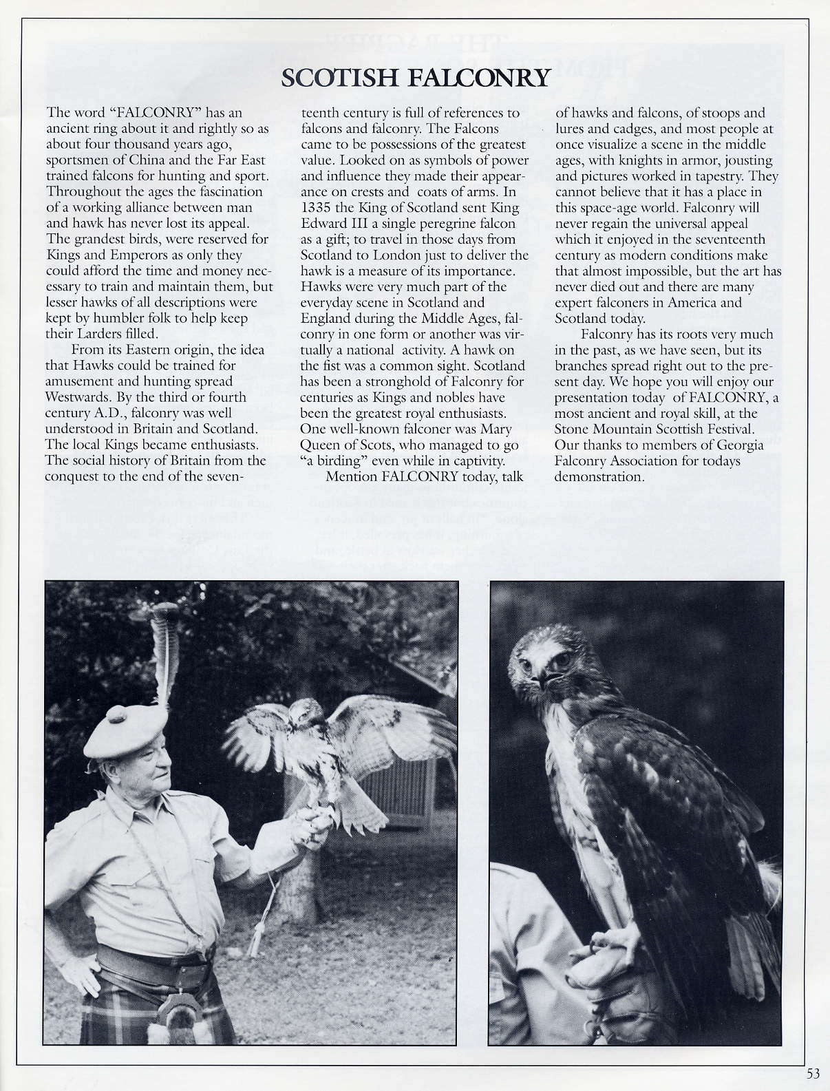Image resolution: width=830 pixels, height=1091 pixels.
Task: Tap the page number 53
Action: point(813,1073)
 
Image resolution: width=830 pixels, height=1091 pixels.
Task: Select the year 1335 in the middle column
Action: point(317,207)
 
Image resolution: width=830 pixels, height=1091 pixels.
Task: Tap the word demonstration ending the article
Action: point(599,476)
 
